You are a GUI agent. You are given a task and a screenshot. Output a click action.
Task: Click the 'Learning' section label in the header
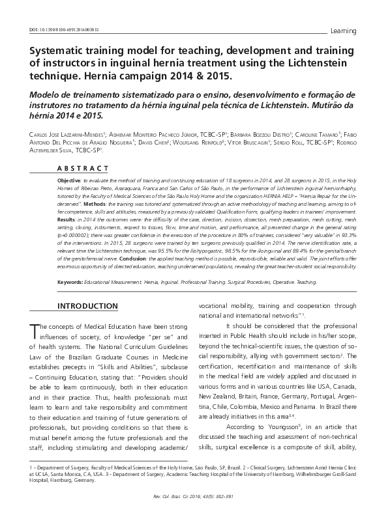pyautogui.click(x=344, y=31)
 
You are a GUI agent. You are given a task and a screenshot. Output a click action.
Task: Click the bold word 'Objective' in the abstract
pyautogui.click(x=70, y=178)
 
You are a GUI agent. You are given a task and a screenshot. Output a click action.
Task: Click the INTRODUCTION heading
pyautogui.click(x=97, y=306)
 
